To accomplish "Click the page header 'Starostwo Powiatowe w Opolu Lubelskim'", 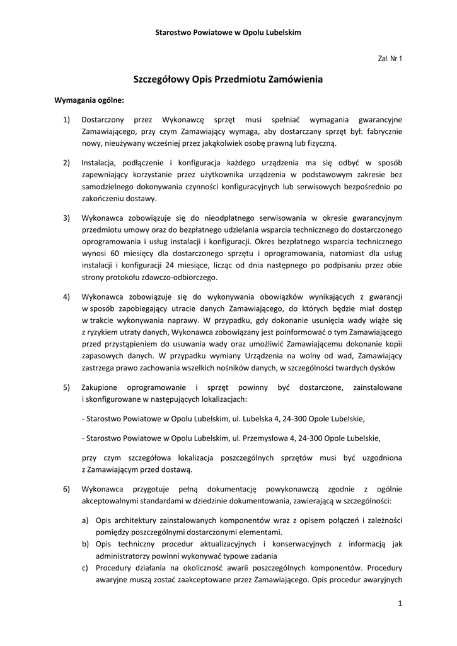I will pyautogui.click(x=228, y=32).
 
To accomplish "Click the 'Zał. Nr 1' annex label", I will pyautogui.click(x=389, y=59).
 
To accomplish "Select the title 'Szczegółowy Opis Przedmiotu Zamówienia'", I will pyautogui.click(x=228, y=80).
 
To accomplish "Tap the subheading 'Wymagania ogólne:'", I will pyautogui.click(x=89, y=100).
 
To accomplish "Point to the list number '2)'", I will pyautogui.click(x=66, y=163).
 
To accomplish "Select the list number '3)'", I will pyautogui.click(x=66, y=218).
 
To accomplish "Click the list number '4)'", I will pyautogui.click(x=66, y=297).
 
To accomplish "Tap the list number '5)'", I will pyautogui.click(x=66, y=387).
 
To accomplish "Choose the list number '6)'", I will pyautogui.click(x=66, y=489).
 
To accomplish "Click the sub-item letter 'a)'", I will pyautogui.click(x=85, y=520).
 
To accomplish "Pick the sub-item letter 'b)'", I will pyautogui.click(x=85, y=544).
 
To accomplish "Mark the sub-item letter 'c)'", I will pyautogui.click(x=85, y=568).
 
